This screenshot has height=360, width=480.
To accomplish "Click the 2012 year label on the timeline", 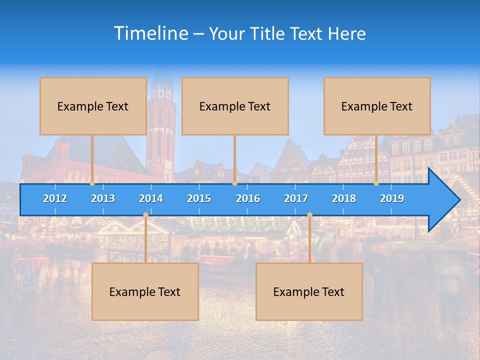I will point(55,198).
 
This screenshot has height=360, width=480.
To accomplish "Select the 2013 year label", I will point(103,198).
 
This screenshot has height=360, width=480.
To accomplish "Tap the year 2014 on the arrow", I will point(151,198).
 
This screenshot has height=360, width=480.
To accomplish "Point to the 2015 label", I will point(199,198).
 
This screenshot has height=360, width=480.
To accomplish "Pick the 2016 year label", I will point(248,198).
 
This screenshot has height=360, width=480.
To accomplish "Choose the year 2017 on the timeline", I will point(296,198).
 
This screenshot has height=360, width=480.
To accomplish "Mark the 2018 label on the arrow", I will point(344,198).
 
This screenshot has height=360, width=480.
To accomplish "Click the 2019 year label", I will point(392,198).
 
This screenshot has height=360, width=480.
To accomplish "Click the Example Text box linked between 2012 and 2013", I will point(93,106).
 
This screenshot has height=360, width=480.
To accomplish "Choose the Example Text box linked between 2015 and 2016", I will point(235,106).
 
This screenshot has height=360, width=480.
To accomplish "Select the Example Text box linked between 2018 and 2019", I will point(377,106).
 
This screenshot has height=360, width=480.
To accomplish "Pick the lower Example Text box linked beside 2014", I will point(145,291).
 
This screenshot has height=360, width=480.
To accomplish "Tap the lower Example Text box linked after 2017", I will point(309,291).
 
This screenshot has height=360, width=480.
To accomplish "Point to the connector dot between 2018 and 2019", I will point(376,183).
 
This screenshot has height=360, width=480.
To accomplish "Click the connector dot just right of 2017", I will point(309,215).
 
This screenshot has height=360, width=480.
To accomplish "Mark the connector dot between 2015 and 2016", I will point(234,183).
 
